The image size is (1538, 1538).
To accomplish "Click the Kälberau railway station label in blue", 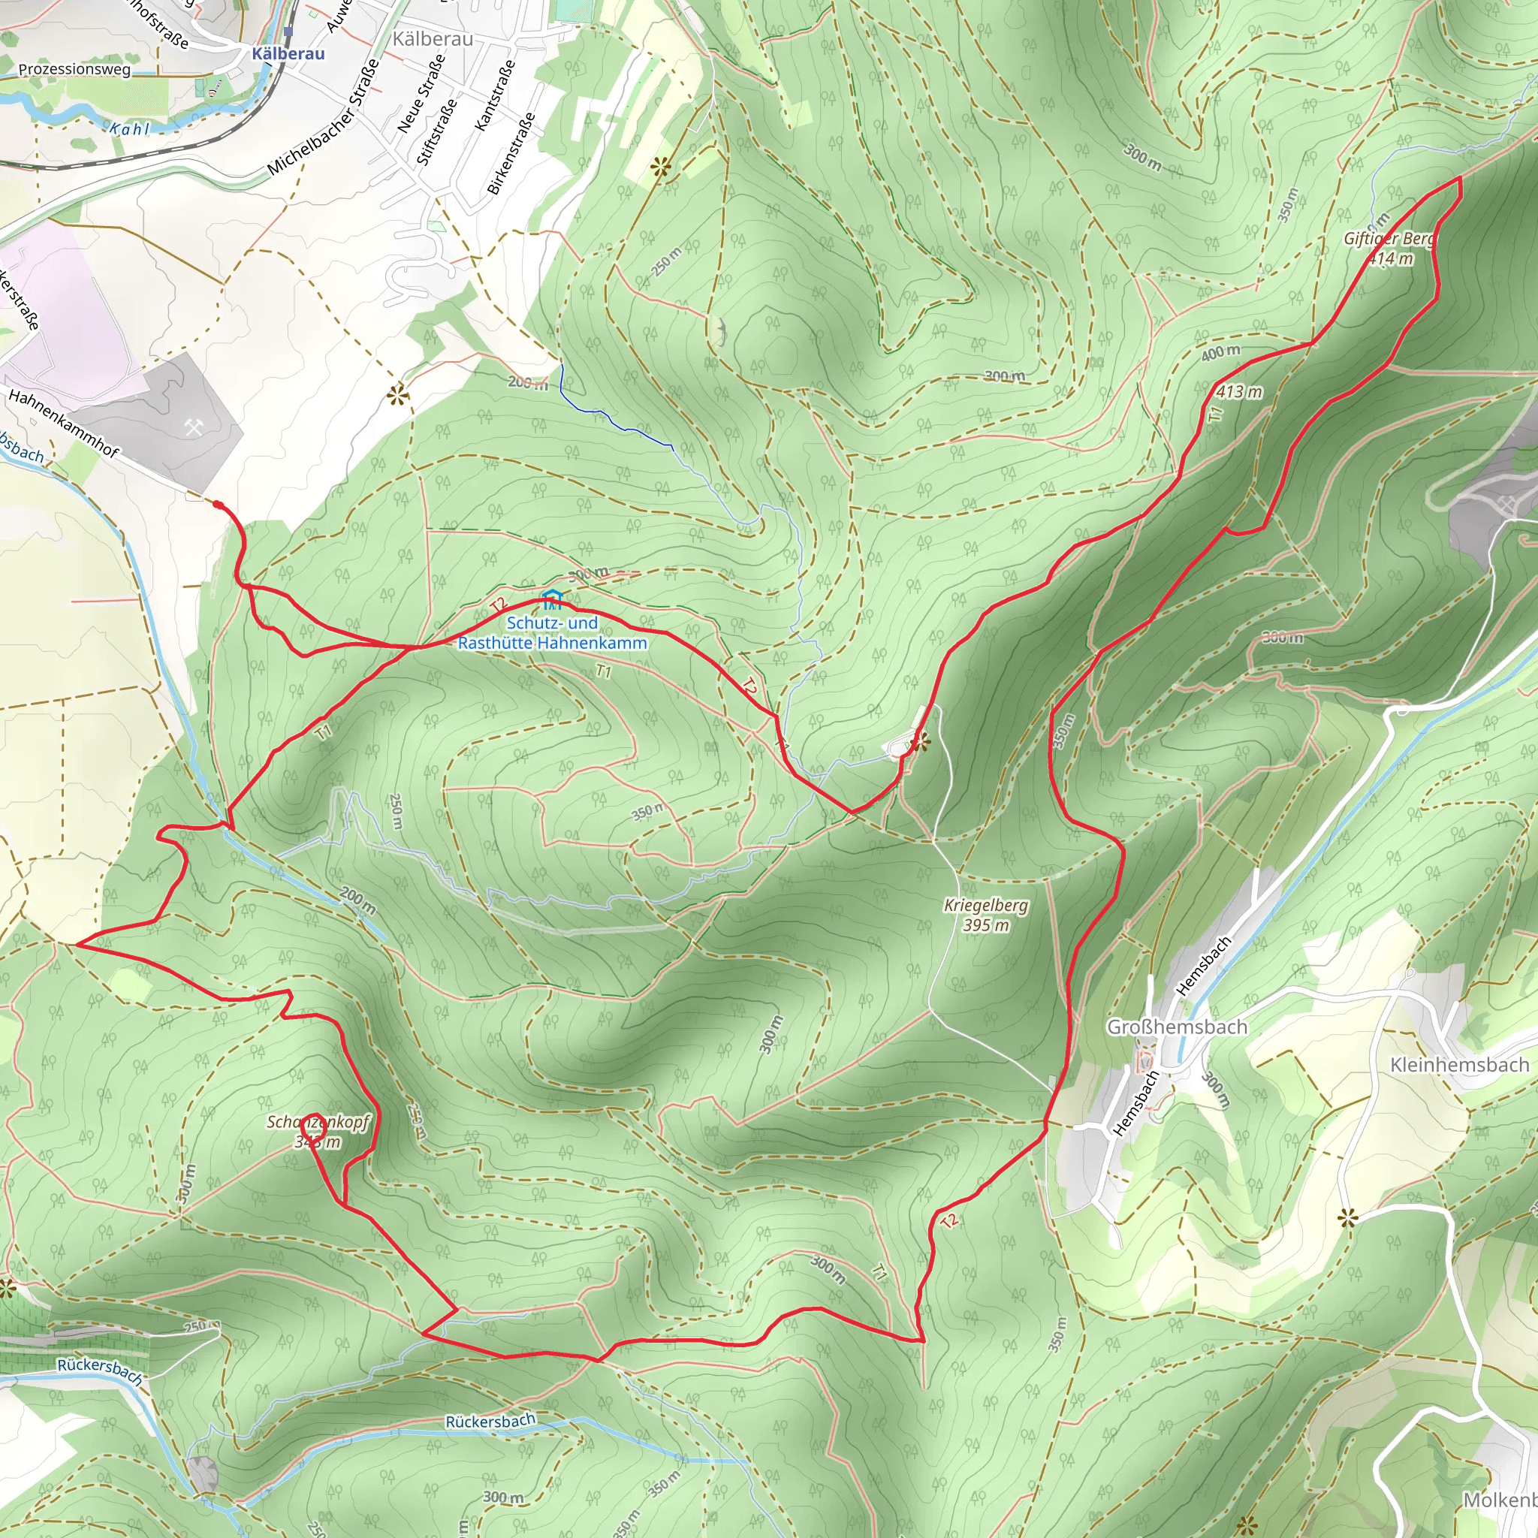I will (x=288, y=54).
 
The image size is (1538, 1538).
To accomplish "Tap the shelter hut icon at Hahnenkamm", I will (x=552, y=599).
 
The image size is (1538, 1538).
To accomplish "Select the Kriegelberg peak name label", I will (x=985, y=905).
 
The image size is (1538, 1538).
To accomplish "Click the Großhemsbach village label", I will (x=1178, y=1027).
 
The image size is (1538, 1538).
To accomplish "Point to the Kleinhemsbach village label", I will (x=1459, y=1065).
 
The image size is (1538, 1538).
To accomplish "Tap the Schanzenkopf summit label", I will (x=318, y=1123).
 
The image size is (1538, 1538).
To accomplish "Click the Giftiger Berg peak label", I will (x=1389, y=239).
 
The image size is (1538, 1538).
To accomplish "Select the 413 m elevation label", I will (x=1239, y=392).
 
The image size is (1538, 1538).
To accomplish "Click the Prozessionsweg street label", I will (x=74, y=69).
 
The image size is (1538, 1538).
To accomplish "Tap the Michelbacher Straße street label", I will (x=323, y=117).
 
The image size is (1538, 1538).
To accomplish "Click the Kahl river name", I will (x=129, y=128).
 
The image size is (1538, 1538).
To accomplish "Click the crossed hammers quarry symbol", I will (x=194, y=428).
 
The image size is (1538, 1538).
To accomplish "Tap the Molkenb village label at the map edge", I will (x=1500, y=1500).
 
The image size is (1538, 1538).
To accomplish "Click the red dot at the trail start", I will (x=216, y=503).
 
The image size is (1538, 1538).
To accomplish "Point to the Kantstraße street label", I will (x=494, y=95).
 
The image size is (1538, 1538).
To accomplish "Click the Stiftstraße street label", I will (x=437, y=131).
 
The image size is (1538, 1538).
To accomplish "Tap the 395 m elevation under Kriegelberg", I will (x=985, y=925).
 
